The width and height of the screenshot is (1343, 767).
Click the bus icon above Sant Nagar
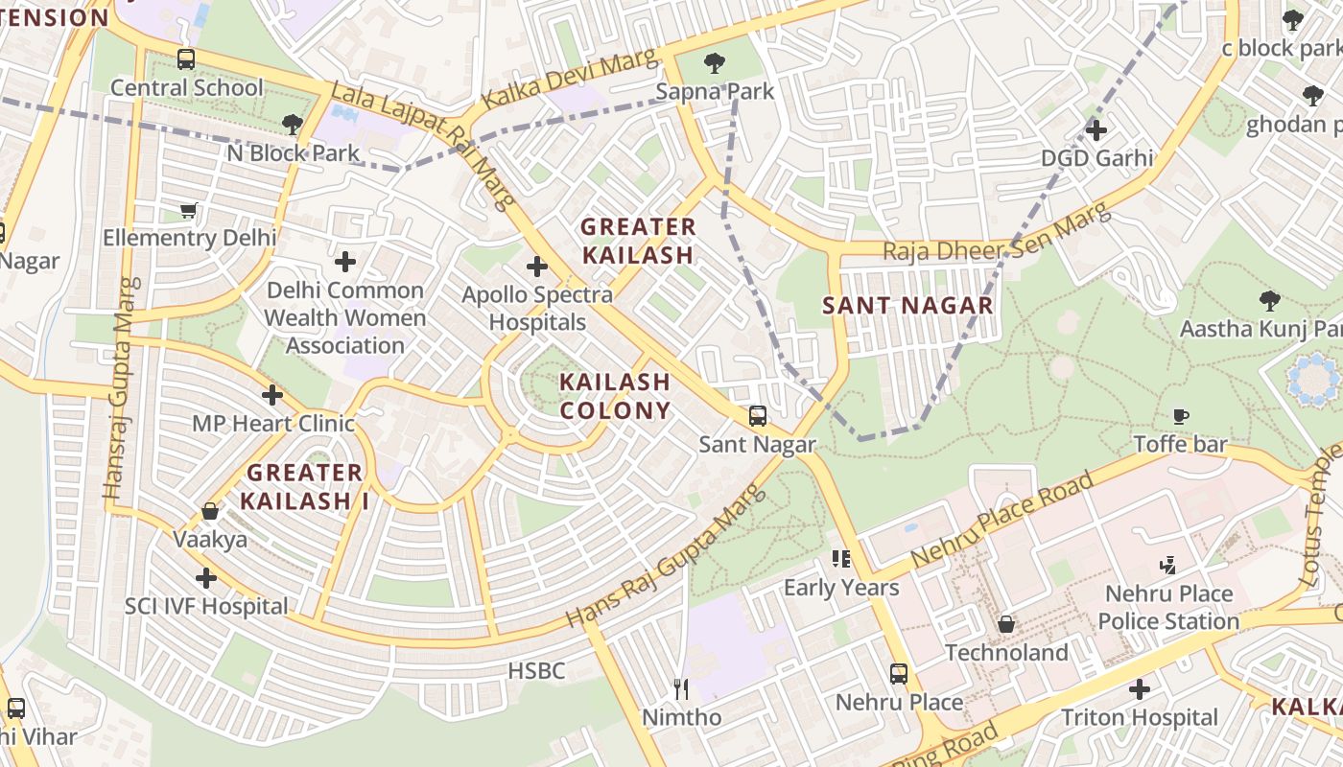(757, 416)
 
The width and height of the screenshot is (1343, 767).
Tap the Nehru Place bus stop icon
(898, 673)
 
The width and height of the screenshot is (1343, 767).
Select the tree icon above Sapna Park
(714, 64)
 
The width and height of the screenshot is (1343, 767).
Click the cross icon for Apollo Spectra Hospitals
(537, 267)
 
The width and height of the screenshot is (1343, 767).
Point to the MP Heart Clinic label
(273, 424)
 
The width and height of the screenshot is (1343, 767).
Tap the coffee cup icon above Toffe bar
(1181, 416)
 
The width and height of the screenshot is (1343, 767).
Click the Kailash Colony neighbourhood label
(615, 396)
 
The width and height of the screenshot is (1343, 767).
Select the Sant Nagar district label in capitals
(907, 306)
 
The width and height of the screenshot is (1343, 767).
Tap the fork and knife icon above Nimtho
(681, 688)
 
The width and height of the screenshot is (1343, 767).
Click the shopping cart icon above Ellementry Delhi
(189, 210)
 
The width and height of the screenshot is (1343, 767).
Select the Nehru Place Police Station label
(1168, 608)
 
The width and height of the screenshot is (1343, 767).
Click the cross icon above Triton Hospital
(1139, 688)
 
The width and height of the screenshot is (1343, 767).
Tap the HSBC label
(536, 671)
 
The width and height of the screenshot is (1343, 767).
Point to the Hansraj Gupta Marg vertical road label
(120, 388)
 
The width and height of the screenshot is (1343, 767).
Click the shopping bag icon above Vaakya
(209, 512)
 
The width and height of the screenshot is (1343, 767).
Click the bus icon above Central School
(186, 59)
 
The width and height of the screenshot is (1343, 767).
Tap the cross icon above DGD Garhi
(1096, 129)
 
